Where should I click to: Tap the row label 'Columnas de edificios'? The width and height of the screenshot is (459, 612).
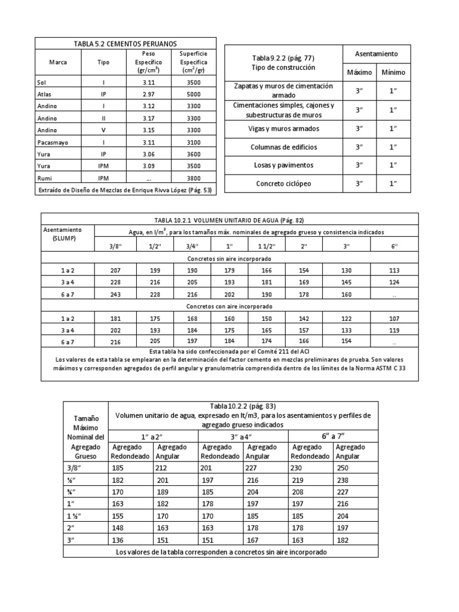283,147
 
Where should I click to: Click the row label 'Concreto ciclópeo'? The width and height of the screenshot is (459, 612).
283,184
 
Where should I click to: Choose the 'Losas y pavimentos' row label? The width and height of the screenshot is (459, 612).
283,165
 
